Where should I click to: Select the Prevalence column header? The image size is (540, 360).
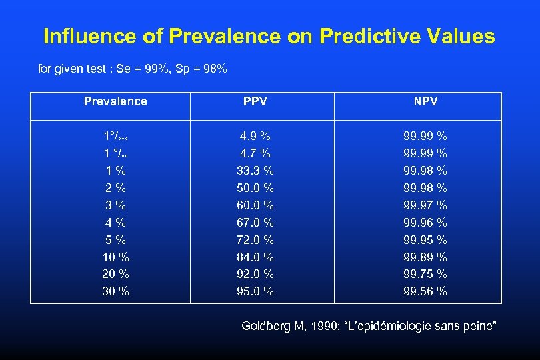pyautogui.click(x=115, y=101)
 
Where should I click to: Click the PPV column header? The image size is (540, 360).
pyautogui.click(x=255, y=101)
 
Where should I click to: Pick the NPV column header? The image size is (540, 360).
pyautogui.click(x=425, y=101)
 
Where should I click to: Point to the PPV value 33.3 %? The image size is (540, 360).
pyautogui.click(x=255, y=171)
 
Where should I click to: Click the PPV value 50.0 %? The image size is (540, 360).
pyautogui.click(x=255, y=188)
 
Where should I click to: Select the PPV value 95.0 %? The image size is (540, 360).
pyautogui.click(x=255, y=291)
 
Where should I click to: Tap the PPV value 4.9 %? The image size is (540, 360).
pyautogui.click(x=255, y=136)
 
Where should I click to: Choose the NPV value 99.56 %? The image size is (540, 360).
pyautogui.click(x=425, y=291)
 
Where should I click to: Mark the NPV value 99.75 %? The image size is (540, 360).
pyautogui.click(x=425, y=274)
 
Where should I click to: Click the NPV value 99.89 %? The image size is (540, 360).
pyautogui.click(x=425, y=257)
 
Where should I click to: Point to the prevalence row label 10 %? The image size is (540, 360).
pyautogui.click(x=116, y=257)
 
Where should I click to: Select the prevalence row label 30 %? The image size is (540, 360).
pyautogui.click(x=116, y=291)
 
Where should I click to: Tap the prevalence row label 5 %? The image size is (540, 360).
pyautogui.click(x=116, y=239)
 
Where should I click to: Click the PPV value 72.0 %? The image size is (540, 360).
pyautogui.click(x=255, y=239)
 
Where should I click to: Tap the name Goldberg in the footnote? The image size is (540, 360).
pyautogui.click(x=264, y=326)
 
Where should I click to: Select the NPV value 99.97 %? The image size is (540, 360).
pyautogui.click(x=425, y=205)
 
